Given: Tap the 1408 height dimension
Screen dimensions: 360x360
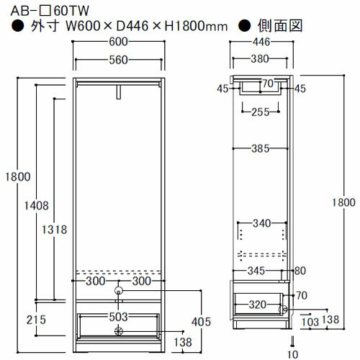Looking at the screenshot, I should [36, 205].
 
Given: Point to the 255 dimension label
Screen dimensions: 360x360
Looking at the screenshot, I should [261, 112].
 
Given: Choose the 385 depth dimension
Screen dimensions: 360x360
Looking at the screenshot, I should [260, 149].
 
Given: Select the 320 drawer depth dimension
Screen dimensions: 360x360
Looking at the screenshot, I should [258, 304].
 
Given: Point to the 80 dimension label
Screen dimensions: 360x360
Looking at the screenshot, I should [301, 271].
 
